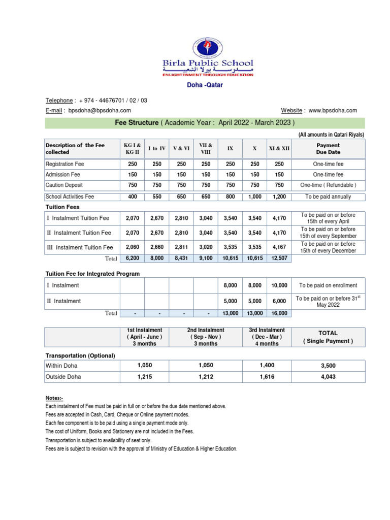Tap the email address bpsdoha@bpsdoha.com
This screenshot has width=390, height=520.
[100, 110]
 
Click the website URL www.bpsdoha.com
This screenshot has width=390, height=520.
[333, 110]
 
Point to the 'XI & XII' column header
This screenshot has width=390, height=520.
[279, 149]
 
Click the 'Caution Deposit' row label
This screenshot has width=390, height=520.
[64, 185]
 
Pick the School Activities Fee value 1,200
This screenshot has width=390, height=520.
[279, 197]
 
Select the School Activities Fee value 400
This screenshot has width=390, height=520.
[133, 197]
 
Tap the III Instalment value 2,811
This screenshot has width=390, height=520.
[181, 247]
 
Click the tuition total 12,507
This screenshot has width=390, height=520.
[279, 258]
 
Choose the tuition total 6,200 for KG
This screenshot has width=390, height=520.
[133, 258]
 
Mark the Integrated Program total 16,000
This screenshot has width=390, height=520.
[279, 313]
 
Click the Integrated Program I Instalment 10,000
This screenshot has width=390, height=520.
[279, 285]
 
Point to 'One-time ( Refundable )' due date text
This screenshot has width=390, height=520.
[329, 185]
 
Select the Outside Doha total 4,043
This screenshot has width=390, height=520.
[328, 377]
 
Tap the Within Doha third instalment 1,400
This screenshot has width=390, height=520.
[266, 366]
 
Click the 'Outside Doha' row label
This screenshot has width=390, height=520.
[63, 377]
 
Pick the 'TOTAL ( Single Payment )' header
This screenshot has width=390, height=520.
[328, 337]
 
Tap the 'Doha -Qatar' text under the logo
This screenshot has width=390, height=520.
[207, 85]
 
